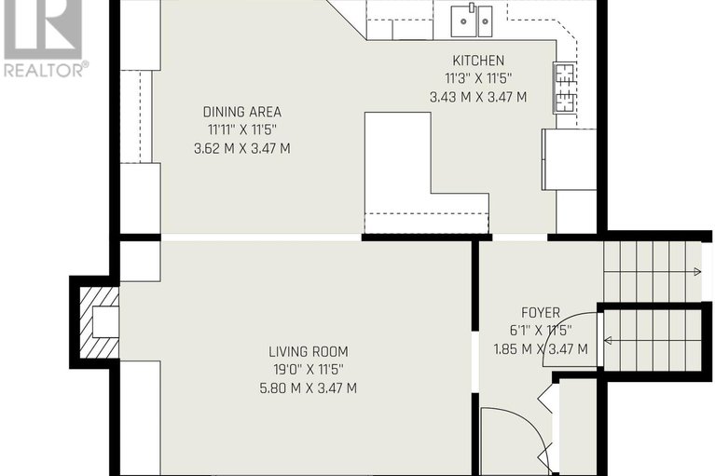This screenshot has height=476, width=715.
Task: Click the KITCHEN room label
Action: coord(477,61)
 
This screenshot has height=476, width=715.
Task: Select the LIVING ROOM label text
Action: coord(309,351)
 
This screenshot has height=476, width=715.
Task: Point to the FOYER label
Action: coord(540,312)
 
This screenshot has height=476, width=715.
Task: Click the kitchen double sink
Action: coord(473,18)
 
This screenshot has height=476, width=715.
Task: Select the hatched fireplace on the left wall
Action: coord(97,322)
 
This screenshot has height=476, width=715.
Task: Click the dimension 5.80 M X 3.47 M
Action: coord(309,388)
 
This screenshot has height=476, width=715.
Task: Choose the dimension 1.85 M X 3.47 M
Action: coord(540,348)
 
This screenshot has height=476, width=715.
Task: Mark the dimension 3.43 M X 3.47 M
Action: coord(477,96)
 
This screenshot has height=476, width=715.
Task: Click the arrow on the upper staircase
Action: coord(694,272)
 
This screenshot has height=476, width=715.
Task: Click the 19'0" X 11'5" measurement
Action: coord(309,370)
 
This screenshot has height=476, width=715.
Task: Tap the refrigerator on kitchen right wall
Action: coord(569,159)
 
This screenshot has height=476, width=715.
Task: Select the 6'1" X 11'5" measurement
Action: coord(540,330)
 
